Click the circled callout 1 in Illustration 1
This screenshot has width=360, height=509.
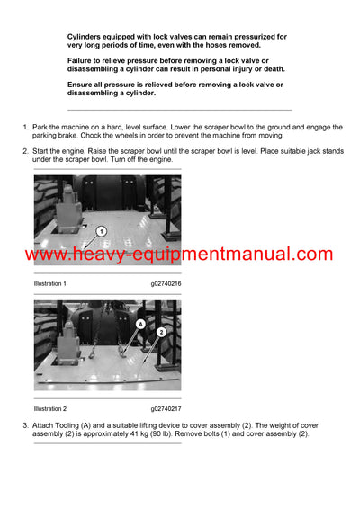[x=102, y=231]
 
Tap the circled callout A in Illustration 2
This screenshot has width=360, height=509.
[x=140, y=324]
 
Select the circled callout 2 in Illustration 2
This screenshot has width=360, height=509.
[x=161, y=332]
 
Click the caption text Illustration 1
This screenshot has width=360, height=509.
[x=50, y=283]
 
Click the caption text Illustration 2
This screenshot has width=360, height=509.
[x=50, y=408]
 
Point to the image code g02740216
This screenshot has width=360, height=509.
[x=166, y=284]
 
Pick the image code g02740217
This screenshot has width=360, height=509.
[x=166, y=409]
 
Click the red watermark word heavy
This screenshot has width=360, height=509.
[x=98, y=254]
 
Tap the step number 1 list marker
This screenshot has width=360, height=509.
[x=25, y=128]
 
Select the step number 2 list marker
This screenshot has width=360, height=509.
[x=25, y=151]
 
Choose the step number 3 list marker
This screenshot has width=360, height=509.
[x=25, y=425]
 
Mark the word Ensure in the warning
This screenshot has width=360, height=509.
[x=78, y=85]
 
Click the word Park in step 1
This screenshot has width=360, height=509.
[x=40, y=128]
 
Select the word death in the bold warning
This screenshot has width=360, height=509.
[x=274, y=69]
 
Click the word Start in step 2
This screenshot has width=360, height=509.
[x=40, y=151]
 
